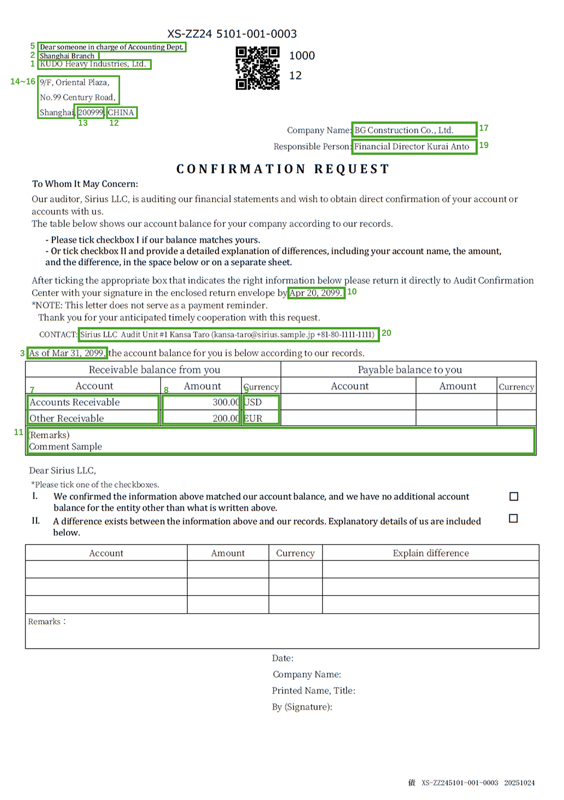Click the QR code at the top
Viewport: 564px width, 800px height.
[x=257, y=68]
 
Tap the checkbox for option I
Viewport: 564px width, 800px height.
[x=514, y=496]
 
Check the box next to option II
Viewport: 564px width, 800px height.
[x=513, y=518]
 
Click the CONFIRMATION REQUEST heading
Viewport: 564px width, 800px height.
[x=283, y=169]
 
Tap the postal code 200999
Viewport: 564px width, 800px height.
[x=91, y=112]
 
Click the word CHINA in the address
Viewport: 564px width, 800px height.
[x=121, y=112]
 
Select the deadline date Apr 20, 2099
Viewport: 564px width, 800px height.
[x=316, y=293]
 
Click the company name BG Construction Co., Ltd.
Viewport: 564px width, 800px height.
[x=404, y=130]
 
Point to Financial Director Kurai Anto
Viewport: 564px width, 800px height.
[x=412, y=147]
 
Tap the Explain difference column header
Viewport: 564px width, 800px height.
[x=430, y=553]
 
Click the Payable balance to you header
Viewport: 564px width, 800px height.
[x=409, y=370]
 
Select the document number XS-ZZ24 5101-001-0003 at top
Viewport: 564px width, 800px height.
[x=232, y=34]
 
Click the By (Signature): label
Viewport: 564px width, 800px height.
[x=302, y=707]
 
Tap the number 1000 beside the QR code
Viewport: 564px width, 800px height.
[x=302, y=56]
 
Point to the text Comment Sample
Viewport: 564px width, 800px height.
[x=65, y=447]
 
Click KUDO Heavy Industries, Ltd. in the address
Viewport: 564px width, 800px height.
[x=93, y=64]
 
